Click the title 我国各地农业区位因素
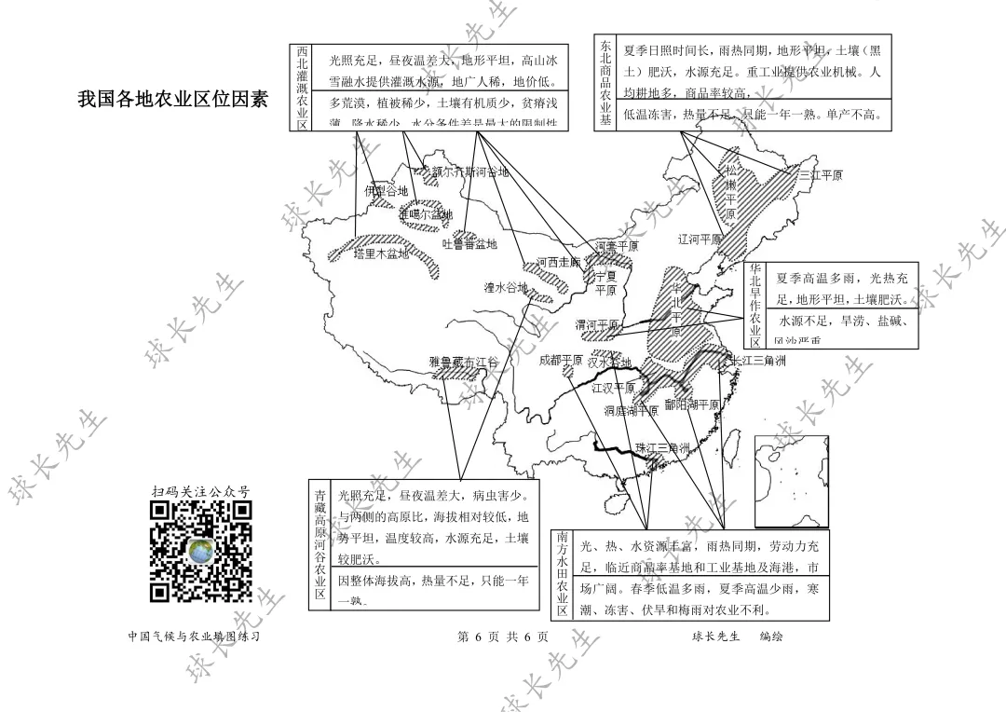click(x=172, y=98)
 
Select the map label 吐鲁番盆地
click(x=469, y=244)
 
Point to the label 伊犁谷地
click(x=386, y=191)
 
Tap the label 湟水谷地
click(x=506, y=287)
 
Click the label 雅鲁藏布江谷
click(x=464, y=362)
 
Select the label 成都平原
click(x=561, y=360)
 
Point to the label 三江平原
click(x=820, y=174)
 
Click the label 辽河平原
click(x=700, y=240)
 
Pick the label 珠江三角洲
click(x=662, y=448)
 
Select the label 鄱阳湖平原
click(x=692, y=405)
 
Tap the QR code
click(x=201, y=551)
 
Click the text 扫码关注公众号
click(x=201, y=491)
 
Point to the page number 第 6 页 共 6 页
click(x=503, y=637)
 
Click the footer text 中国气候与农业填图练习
click(x=193, y=637)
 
